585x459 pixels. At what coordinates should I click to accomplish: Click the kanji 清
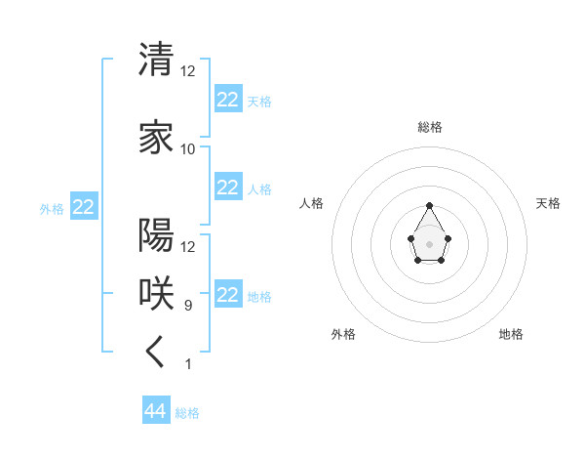[x=156, y=60]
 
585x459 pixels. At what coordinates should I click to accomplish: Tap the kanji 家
[x=156, y=138]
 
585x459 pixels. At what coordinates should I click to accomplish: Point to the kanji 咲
[x=156, y=293]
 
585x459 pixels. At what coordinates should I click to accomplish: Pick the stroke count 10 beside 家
[x=188, y=149]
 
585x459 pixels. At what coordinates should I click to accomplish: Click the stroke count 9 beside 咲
[x=188, y=306]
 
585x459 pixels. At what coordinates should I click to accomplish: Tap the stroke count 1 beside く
[x=188, y=364]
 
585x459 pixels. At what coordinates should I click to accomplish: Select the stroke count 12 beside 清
[x=188, y=71]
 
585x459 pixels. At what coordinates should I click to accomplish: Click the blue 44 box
[x=155, y=411]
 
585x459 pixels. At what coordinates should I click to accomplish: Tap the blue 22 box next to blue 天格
[x=227, y=99]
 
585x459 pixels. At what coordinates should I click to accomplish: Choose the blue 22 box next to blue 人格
[x=227, y=188]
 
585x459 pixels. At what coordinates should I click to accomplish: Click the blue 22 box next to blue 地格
[x=227, y=295]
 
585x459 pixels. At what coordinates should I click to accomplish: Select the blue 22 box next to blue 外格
[x=84, y=207]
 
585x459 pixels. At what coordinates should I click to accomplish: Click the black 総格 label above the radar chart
[x=430, y=127]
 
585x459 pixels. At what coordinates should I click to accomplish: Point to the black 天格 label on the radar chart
[x=549, y=203]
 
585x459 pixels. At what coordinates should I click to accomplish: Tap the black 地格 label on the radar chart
[x=511, y=334]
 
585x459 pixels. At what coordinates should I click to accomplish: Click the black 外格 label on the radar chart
[x=343, y=334]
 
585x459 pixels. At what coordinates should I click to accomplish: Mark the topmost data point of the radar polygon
[x=430, y=205]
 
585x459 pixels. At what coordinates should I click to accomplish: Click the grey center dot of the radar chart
[x=430, y=243]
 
